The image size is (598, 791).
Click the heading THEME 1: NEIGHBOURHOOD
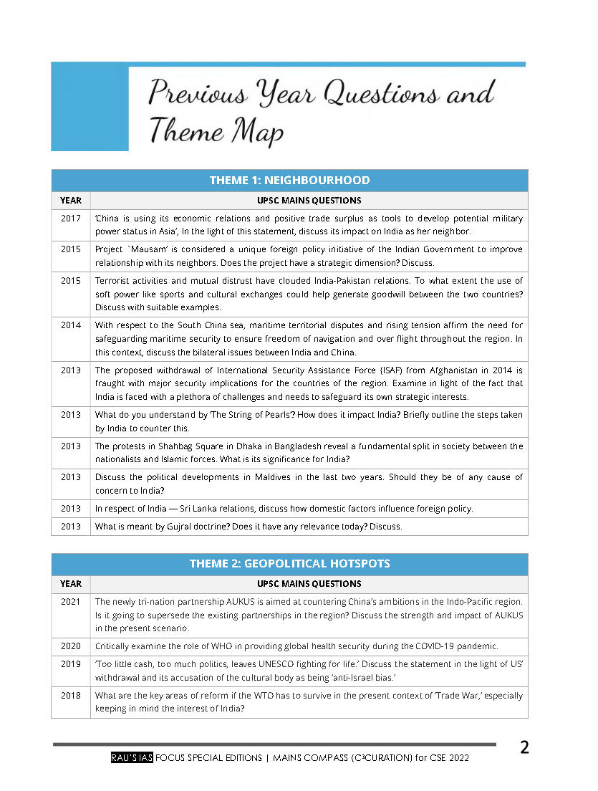click(x=289, y=181)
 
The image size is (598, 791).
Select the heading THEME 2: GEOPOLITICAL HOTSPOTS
click(x=289, y=564)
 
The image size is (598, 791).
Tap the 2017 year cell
click(x=71, y=219)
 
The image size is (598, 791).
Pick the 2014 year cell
click(x=71, y=325)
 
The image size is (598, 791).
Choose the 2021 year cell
click(x=71, y=602)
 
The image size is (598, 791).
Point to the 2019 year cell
click(x=71, y=663)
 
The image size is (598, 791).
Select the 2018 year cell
click(x=71, y=695)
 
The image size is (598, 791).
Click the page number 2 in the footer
click(x=524, y=748)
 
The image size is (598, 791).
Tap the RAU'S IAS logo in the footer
click(x=132, y=758)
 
